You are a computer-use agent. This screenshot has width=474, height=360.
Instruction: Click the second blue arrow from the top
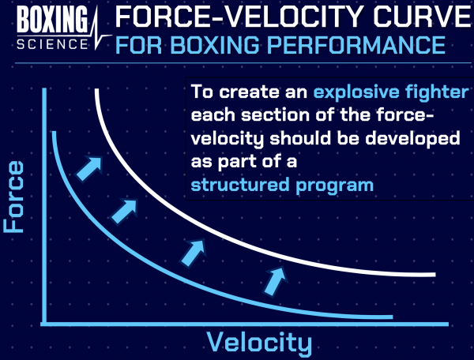coord(122,208)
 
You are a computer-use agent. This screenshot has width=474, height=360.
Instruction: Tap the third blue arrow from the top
coord(193,252)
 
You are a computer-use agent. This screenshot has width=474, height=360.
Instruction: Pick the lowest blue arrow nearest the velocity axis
coord(273,279)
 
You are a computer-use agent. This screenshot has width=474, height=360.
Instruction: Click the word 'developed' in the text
coord(416,139)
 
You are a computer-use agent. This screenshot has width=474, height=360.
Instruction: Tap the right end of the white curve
coord(433,274)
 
